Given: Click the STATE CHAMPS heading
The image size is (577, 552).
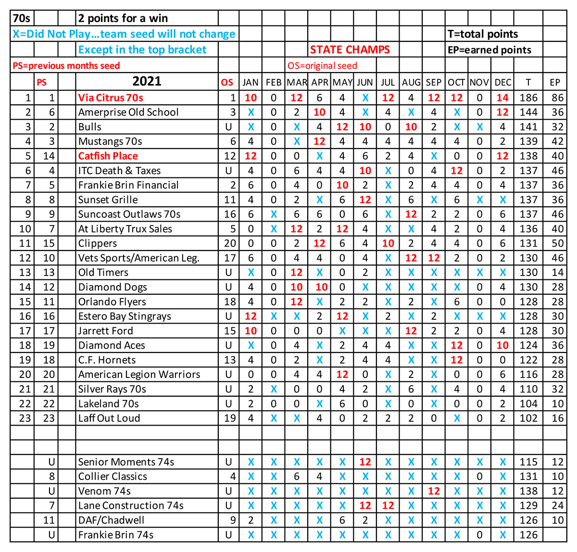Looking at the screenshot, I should click(x=350, y=50).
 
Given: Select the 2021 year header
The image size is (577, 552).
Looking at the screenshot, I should click(x=147, y=81).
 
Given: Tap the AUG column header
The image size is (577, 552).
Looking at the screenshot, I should click(x=411, y=82).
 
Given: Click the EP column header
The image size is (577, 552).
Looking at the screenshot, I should click(x=555, y=82).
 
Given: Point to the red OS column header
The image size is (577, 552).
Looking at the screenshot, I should click(x=227, y=82).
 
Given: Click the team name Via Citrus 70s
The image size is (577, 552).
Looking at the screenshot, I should click(x=111, y=98).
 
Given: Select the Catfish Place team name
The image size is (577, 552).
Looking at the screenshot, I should click(x=108, y=156).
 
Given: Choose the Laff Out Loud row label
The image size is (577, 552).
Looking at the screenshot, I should click(x=109, y=418).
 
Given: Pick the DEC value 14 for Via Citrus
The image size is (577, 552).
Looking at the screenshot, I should click(x=502, y=98).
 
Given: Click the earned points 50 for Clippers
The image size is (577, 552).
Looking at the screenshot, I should click(x=557, y=243).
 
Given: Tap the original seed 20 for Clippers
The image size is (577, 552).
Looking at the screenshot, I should click(x=230, y=243).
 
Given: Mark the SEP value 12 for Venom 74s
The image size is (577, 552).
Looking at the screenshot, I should click(x=434, y=491).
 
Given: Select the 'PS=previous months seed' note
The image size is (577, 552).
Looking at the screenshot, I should click(x=66, y=66).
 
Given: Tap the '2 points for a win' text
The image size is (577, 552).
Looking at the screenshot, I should click(x=123, y=19).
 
